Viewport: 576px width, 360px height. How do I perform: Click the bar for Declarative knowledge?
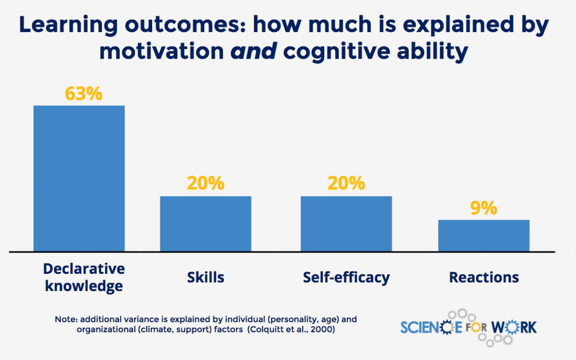(79, 178)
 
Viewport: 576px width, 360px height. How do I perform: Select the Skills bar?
(205, 224)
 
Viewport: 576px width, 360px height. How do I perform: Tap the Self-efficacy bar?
(346, 224)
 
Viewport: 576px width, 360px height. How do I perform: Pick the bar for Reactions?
(483, 235)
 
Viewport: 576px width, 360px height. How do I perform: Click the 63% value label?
(84, 94)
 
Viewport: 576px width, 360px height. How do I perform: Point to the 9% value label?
(483, 208)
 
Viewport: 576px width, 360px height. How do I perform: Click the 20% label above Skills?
(205, 184)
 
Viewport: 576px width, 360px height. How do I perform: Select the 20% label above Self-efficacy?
(346, 184)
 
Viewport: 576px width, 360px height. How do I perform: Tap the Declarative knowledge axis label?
(84, 277)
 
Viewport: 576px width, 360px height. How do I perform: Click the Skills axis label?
(205, 277)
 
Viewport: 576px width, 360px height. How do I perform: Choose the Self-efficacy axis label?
(346, 277)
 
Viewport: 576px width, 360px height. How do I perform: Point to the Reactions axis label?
(483, 277)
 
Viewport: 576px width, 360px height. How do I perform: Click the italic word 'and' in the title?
(253, 52)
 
